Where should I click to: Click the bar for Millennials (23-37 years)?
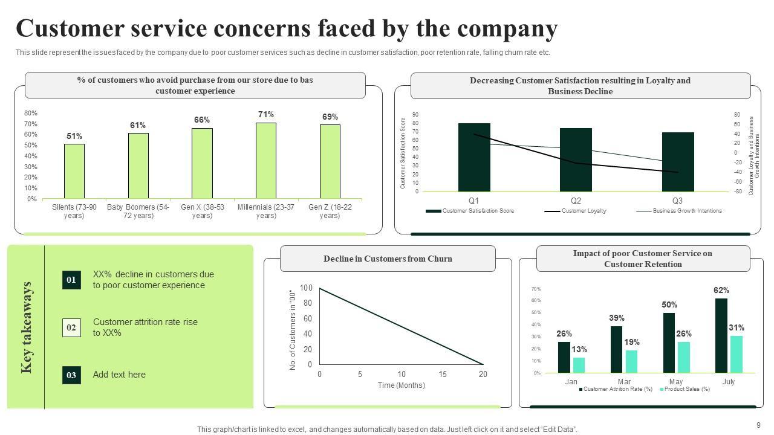(x=266, y=161)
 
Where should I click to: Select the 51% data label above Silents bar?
(x=74, y=136)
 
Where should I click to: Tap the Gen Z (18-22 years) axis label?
(x=330, y=211)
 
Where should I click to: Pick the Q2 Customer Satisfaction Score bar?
(x=576, y=159)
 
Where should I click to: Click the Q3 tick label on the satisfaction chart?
(x=677, y=201)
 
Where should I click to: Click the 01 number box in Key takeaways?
(x=71, y=280)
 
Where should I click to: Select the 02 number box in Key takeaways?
(x=71, y=327)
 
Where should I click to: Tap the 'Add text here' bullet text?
(x=119, y=375)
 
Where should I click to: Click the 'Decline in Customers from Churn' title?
(x=388, y=259)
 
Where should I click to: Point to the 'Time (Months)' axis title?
(x=402, y=385)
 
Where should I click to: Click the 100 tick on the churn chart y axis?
(x=306, y=288)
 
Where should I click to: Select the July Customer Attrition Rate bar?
(x=721, y=335)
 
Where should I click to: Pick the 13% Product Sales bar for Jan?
(x=579, y=365)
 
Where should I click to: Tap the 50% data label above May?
(x=669, y=305)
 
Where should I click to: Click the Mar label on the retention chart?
(x=624, y=382)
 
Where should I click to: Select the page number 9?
(x=758, y=425)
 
